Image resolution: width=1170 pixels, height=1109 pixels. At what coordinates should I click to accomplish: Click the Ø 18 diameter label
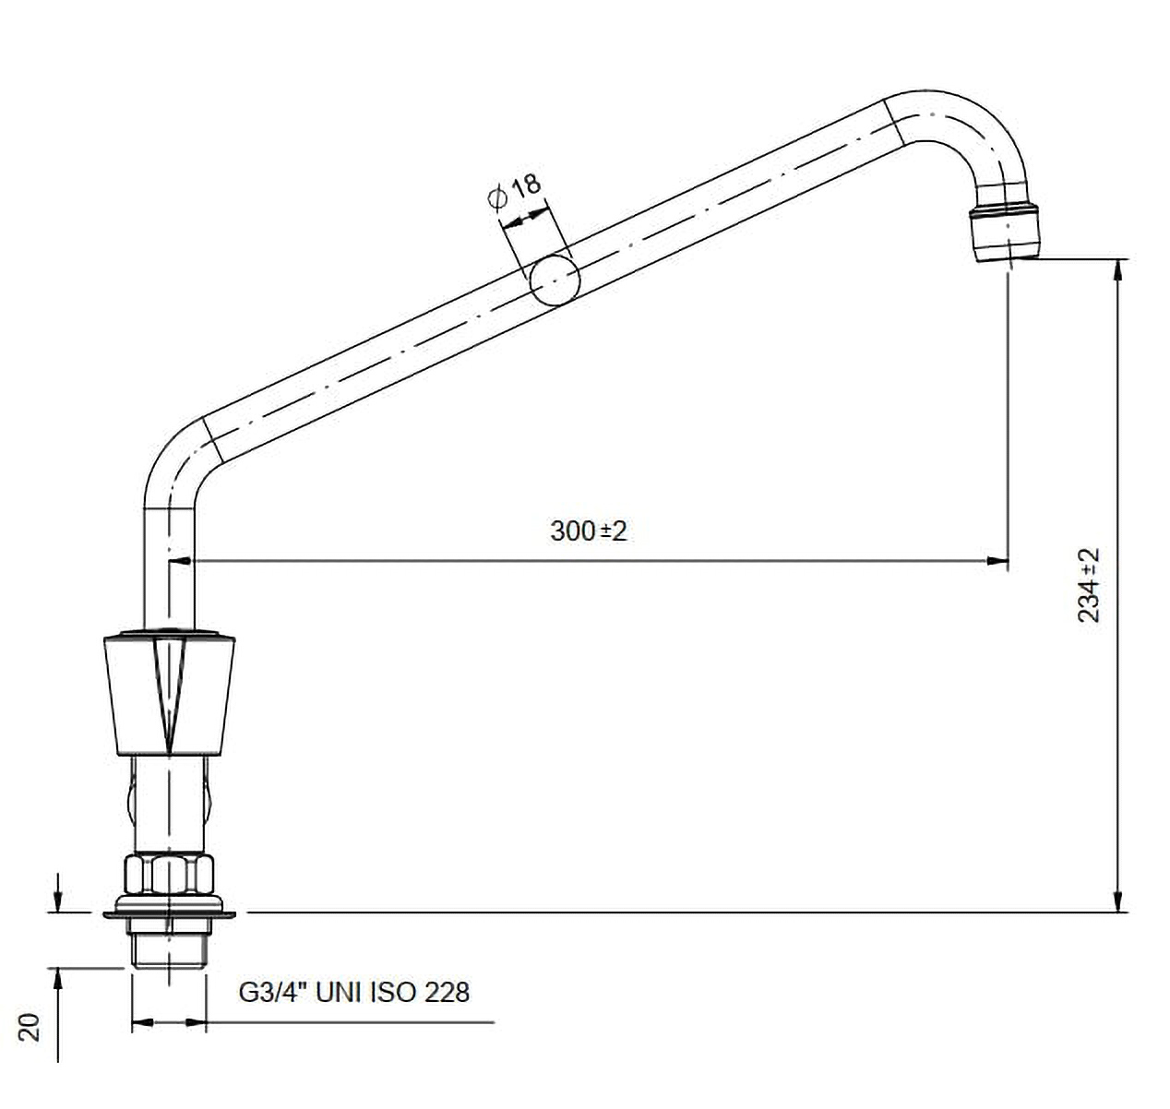tap(515, 191)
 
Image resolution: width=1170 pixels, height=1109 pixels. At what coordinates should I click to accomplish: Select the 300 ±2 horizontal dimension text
tap(589, 531)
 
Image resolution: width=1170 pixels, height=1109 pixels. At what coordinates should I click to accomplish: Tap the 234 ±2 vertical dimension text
tap(1089, 585)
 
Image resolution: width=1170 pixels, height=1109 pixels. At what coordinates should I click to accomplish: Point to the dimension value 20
tap(30, 1027)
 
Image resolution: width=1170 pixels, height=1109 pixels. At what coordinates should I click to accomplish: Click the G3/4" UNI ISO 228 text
tap(354, 993)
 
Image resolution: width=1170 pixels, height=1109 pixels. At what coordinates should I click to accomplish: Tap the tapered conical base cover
tap(169, 694)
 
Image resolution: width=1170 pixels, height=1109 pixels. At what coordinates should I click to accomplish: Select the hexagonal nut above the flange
tap(169, 874)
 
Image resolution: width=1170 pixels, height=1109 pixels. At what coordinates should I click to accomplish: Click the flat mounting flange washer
tap(169, 913)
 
